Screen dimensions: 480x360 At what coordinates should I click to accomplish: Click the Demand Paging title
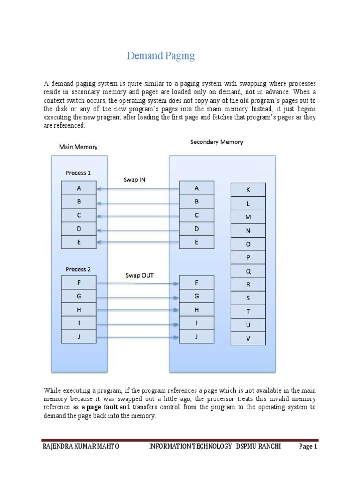[x=160, y=56]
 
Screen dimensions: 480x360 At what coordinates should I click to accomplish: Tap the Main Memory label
[x=78, y=147]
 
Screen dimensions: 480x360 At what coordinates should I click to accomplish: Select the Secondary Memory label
[x=217, y=142]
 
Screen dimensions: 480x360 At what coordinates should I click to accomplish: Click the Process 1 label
[x=78, y=173]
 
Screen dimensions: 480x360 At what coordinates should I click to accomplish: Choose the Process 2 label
[x=78, y=269]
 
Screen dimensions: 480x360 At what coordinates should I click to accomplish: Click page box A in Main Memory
[x=79, y=188]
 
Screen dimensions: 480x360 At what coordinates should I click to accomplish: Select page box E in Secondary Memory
[x=196, y=242]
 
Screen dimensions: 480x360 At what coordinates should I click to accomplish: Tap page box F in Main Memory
[x=79, y=283]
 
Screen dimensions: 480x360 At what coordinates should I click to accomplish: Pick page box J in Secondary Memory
[x=196, y=337]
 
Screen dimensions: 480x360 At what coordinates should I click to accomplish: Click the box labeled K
[x=248, y=190]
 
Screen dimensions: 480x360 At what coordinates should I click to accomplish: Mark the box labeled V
[x=248, y=338]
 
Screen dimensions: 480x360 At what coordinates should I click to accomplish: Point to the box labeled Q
[x=248, y=271]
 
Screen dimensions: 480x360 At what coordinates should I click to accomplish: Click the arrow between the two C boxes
[x=138, y=216]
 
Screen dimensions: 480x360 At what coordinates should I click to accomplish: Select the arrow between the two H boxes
[x=138, y=310]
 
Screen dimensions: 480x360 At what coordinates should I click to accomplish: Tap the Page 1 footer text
[x=308, y=447]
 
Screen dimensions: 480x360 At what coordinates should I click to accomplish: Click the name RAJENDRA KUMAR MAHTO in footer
[x=81, y=447]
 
